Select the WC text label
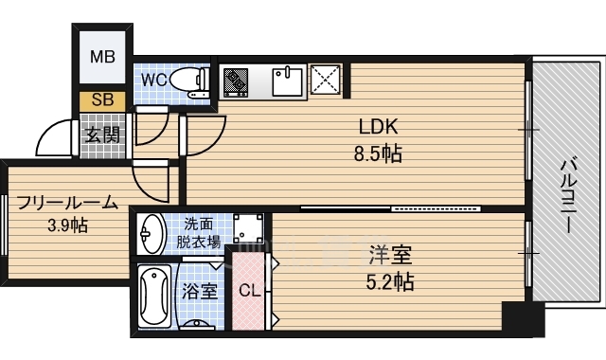[x=154, y=81]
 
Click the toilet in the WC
[x=193, y=81]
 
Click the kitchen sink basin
[x=287, y=81]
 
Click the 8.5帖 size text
[x=379, y=153]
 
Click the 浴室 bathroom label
[x=200, y=291]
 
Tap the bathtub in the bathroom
[x=153, y=296]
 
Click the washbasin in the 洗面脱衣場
[x=151, y=233]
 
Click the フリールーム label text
[x=66, y=202]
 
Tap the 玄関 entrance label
[x=103, y=135]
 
